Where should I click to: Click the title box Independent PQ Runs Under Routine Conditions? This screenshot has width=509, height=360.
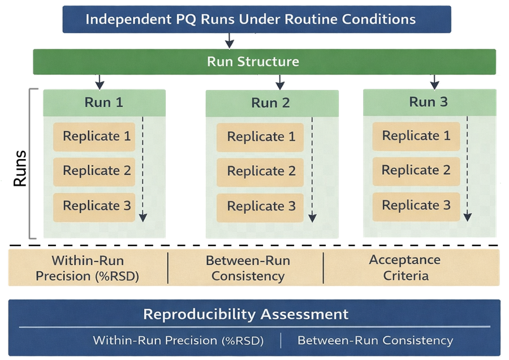(x=251, y=19)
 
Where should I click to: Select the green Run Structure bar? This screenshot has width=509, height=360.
(x=253, y=61)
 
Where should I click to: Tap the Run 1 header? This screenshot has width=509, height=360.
(x=104, y=102)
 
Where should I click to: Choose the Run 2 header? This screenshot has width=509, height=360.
(x=271, y=103)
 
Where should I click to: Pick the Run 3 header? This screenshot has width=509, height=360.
(x=429, y=102)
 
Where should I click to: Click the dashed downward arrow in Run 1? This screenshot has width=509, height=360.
(x=144, y=170)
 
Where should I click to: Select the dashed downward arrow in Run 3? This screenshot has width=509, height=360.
(x=468, y=170)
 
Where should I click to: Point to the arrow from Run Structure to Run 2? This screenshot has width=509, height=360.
(x=280, y=83)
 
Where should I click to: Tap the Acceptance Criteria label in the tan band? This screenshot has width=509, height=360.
(x=406, y=268)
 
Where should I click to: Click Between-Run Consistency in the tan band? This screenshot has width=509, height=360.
(x=248, y=268)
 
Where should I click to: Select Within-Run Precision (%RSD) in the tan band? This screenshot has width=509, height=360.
(x=88, y=268)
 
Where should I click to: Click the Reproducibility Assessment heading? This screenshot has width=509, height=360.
(x=246, y=314)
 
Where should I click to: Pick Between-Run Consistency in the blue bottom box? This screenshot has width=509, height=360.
(x=375, y=340)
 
